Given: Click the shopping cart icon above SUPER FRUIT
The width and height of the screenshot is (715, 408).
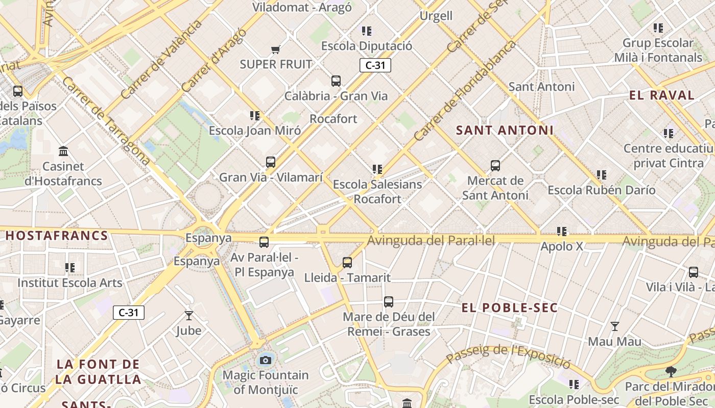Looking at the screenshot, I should click(276, 49).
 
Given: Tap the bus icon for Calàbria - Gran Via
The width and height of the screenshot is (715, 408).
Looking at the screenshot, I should click(336, 81).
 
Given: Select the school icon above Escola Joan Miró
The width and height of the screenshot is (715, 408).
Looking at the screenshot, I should click(254, 116).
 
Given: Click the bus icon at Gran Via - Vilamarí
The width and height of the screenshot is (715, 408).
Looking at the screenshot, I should click(271, 162).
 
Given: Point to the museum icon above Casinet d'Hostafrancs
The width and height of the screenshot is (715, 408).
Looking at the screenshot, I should click(63, 151).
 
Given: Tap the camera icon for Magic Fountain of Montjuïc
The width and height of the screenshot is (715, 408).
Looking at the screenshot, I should click(265, 361).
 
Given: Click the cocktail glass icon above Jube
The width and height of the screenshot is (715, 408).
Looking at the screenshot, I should click(189, 316).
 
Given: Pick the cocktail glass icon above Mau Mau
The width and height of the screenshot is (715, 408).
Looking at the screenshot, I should click(615, 326).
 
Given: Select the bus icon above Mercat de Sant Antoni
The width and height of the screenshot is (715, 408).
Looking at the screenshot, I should click(495, 165).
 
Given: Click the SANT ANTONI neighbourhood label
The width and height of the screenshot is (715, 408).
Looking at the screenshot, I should click(505, 130).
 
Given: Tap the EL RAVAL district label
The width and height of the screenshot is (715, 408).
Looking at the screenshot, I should click(662, 95).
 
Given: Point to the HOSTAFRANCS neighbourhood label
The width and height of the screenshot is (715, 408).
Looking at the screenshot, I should click(57, 236).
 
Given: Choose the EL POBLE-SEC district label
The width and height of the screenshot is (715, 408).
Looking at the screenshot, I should click(510, 308).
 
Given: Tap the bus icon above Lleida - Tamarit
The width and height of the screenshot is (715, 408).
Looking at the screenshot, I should click(347, 263).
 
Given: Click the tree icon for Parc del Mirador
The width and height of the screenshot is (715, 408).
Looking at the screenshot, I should click(671, 372).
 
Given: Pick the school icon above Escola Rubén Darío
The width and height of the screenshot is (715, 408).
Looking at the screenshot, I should click(602, 175).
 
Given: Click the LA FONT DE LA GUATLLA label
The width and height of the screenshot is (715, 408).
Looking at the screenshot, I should click(98, 372).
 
